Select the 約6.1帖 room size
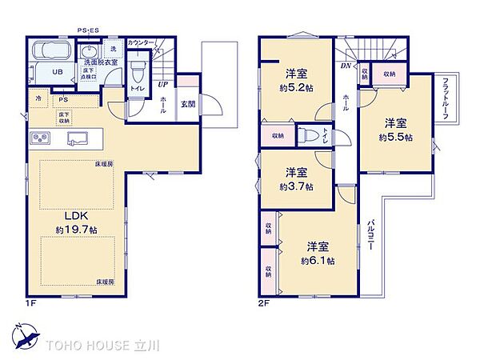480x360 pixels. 317,260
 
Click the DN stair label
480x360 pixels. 346,66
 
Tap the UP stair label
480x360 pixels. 163,82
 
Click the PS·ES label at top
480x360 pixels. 89,30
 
